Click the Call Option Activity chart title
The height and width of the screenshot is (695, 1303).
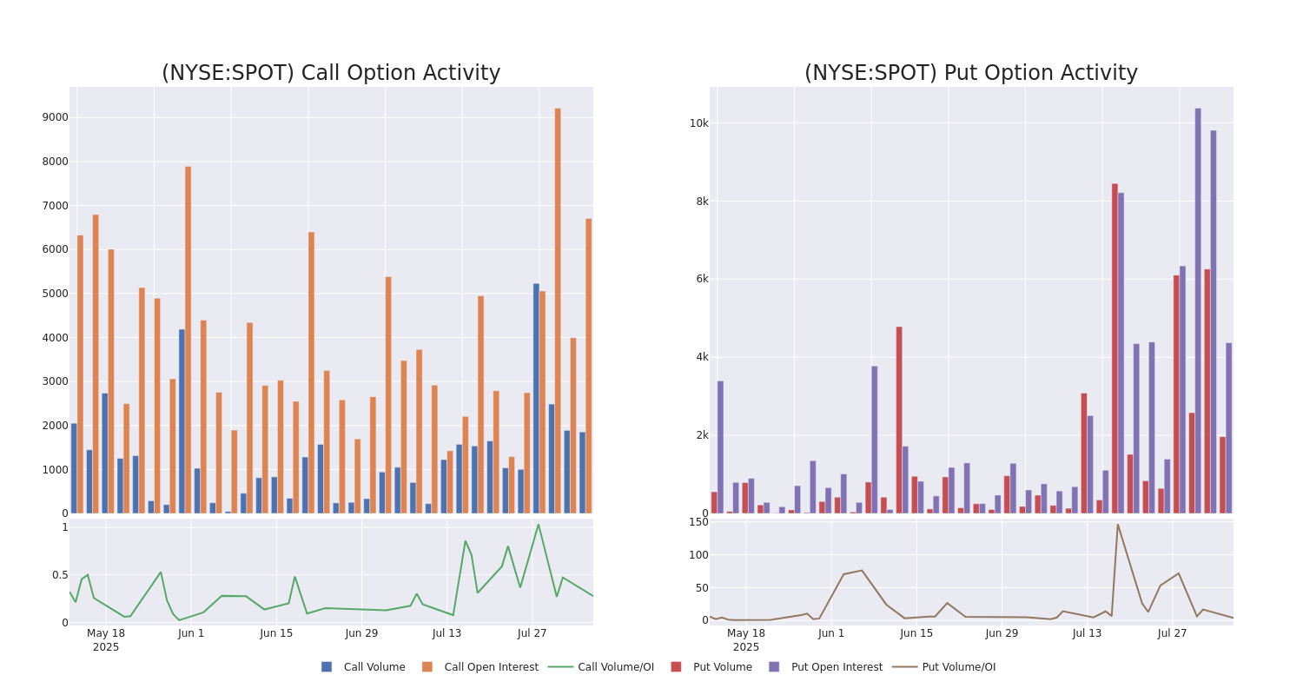coord(331,74)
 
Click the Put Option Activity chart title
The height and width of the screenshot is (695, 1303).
coord(970,74)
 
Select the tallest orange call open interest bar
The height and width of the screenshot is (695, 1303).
coord(558,310)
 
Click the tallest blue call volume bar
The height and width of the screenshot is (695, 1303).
coord(536,398)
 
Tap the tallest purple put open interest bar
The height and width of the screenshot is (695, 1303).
coord(1198,310)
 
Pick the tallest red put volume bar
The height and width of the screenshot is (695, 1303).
coord(1114,347)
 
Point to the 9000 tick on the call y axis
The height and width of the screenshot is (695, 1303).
coord(55,117)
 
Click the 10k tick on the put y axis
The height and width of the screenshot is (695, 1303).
coord(698,123)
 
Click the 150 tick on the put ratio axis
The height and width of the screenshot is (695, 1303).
coord(698,522)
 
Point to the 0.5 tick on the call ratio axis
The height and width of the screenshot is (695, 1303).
coord(59,575)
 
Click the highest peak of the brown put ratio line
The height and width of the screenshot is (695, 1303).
coord(1117,524)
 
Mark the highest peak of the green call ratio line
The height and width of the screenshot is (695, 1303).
coord(538,524)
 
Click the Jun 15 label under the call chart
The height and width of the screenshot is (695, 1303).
coord(276,633)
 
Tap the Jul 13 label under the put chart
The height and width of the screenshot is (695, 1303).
coord(1087,633)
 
